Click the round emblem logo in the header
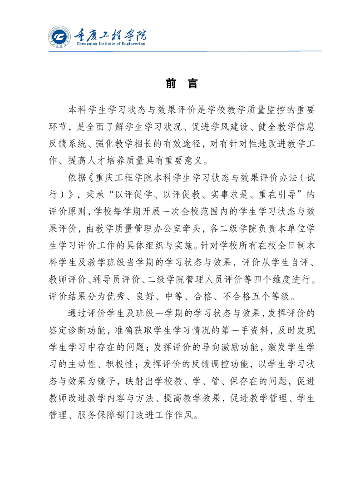[59, 37]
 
